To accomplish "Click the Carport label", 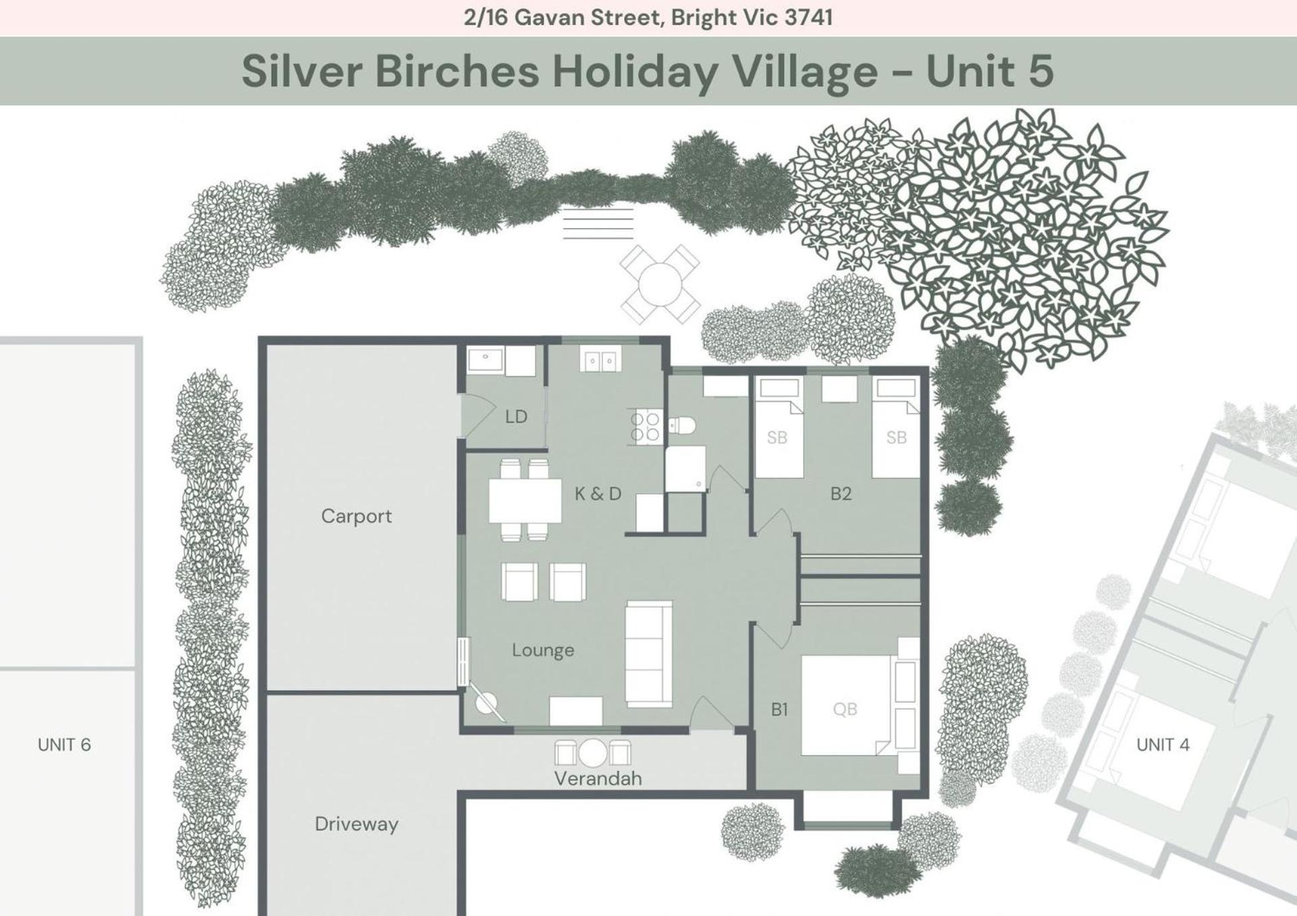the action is coord(356,516).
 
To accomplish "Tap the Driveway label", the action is coord(356,824).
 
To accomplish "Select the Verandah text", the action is coord(598,778).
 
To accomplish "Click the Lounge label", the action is coord(543,650).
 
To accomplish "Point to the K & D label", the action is coord(598,494).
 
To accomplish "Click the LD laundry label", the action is coord(516,417).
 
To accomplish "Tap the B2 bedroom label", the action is coord(841,494).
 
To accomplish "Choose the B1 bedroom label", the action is coord(780,709).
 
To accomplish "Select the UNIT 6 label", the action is coord(64,745).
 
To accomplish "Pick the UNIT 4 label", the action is coord(1163,745).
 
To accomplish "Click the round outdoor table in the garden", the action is coord(660,284).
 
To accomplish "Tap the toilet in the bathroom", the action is coord(682,425).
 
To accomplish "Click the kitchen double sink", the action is coord(599,360).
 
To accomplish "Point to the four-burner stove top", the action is coord(645,427).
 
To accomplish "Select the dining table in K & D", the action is coord(525,500).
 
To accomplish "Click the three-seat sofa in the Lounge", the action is coord(648,653).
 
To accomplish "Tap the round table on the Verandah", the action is coord(592,753).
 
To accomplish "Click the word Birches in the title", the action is coord(457,71).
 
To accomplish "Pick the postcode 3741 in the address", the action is coord(809,18).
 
